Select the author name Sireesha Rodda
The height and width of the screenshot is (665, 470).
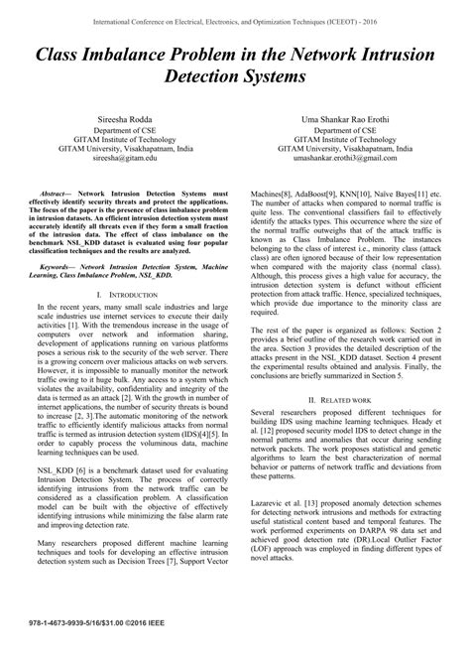coord(118,117)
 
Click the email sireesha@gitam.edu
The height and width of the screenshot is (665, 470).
coord(118,159)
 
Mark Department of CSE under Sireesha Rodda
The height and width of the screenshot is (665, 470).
coord(118,130)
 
